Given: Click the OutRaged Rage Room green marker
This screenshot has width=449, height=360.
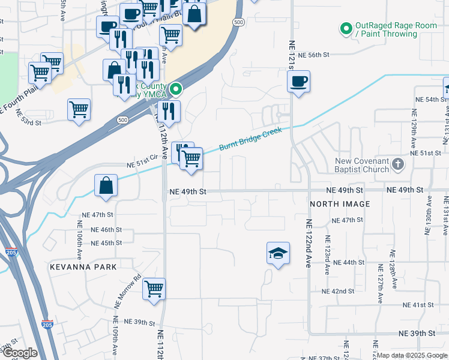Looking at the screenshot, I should (x=346, y=28).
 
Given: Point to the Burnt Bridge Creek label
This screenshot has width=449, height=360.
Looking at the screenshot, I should (x=250, y=138).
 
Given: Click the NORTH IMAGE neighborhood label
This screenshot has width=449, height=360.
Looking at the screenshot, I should (x=340, y=205).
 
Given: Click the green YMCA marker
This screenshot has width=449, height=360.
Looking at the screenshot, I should (x=175, y=89).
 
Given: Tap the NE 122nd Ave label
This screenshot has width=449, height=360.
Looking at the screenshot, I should (x=309, y=243).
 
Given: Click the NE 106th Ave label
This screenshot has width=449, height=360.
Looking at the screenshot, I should (x=79, y=236).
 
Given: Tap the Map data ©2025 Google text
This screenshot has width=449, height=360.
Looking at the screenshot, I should (x=412, y=355).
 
